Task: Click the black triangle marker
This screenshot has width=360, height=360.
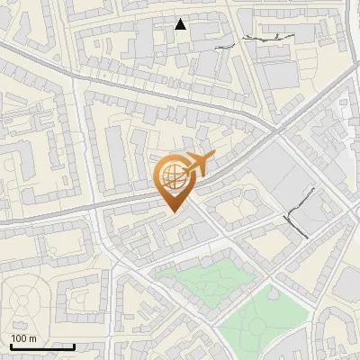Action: (181, 24)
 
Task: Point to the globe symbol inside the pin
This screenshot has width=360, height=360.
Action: (173, 175)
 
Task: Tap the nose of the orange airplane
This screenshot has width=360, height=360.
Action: (213, 157)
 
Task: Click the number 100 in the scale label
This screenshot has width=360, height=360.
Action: (19, 339)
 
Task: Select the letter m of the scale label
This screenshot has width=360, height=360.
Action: (32, 339)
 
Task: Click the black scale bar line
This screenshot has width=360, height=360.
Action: (41, 346)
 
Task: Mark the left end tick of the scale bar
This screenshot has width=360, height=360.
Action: (10, 345)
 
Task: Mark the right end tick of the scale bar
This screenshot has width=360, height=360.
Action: (74, 345)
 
